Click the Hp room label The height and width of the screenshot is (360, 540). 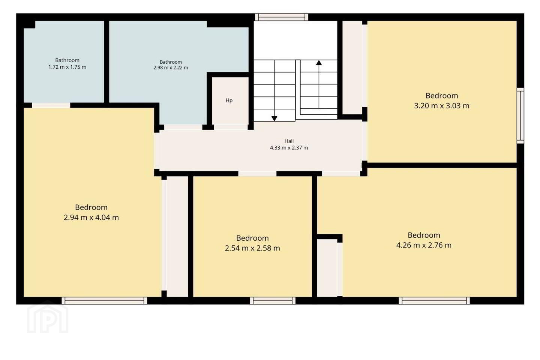229,100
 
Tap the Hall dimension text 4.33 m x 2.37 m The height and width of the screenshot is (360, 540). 289,148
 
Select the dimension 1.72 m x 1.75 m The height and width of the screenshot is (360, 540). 67,67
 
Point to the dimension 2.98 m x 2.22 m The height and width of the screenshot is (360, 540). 171,68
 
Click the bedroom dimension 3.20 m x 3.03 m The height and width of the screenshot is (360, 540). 442,106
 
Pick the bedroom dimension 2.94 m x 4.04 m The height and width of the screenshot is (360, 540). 91,217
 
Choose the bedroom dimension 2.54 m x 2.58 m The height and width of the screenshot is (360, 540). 252,248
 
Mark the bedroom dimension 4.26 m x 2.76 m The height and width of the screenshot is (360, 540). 424,245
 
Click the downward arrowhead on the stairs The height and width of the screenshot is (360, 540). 274,118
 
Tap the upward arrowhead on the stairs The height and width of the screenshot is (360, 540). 319,63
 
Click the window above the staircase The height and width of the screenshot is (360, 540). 282,17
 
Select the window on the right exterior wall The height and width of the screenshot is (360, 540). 520,115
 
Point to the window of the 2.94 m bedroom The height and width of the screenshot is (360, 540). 104,301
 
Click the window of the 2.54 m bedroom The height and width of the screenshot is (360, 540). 272,301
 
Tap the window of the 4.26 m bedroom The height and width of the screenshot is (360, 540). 434,301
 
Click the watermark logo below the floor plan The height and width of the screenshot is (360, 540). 48,317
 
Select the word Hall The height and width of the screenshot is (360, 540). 289,141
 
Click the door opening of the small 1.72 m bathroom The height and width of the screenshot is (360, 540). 51,105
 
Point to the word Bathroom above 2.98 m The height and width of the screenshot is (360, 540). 171,62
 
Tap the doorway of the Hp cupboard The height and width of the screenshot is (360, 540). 231,127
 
